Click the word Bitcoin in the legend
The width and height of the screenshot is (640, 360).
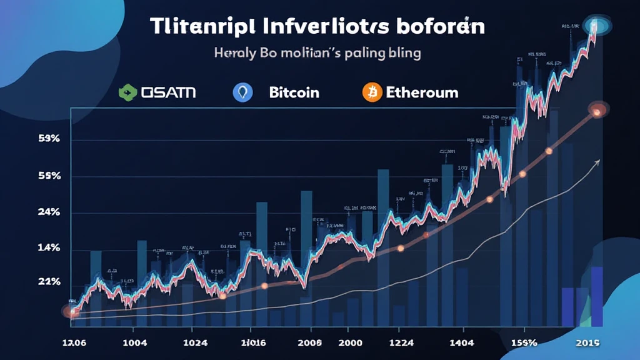[294, 92]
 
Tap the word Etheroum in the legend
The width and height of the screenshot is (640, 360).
[422, 92]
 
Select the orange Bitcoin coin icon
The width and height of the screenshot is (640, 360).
[372, 92]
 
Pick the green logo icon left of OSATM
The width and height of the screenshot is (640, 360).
[128, 92]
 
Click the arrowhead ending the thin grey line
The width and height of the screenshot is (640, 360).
[597, 161]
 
